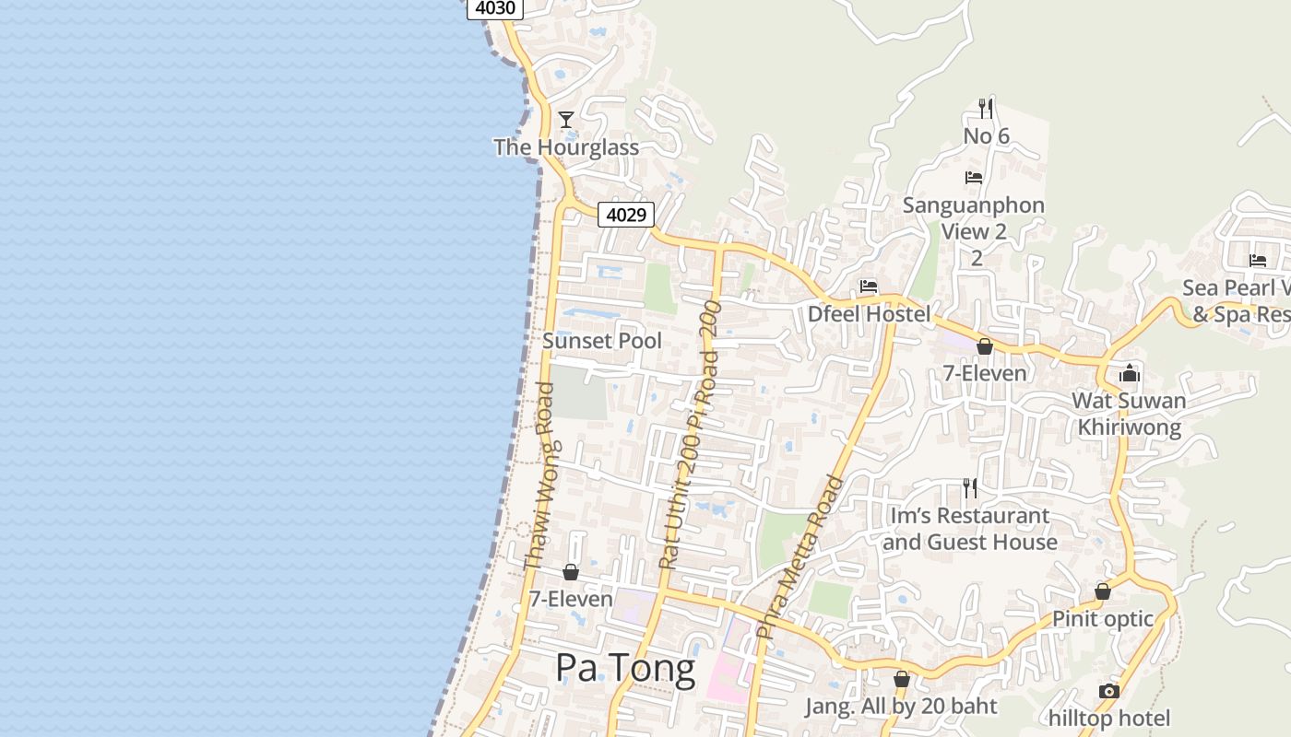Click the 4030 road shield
click(496, 8)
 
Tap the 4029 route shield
click(626, 215)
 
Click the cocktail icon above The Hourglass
click(566, 120)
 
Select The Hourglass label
click(566, 147)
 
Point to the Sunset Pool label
click(602, 341)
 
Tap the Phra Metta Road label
click(799, 556)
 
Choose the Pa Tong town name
click(625, 668)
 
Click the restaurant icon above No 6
click(986, 109)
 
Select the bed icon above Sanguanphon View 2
click(974, 178)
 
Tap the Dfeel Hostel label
click(869, 314)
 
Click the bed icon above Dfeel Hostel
click(869, 287)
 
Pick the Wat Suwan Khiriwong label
click(1129, 415)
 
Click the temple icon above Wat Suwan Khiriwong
click(1130, 373)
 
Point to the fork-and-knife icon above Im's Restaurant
click(969, 487)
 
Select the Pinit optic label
click(1103, 619)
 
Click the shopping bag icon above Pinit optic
click(1103, 591)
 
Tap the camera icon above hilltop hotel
click(1109, 691)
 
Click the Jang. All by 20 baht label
click(901, 707)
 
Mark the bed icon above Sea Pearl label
click(1258, 261)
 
